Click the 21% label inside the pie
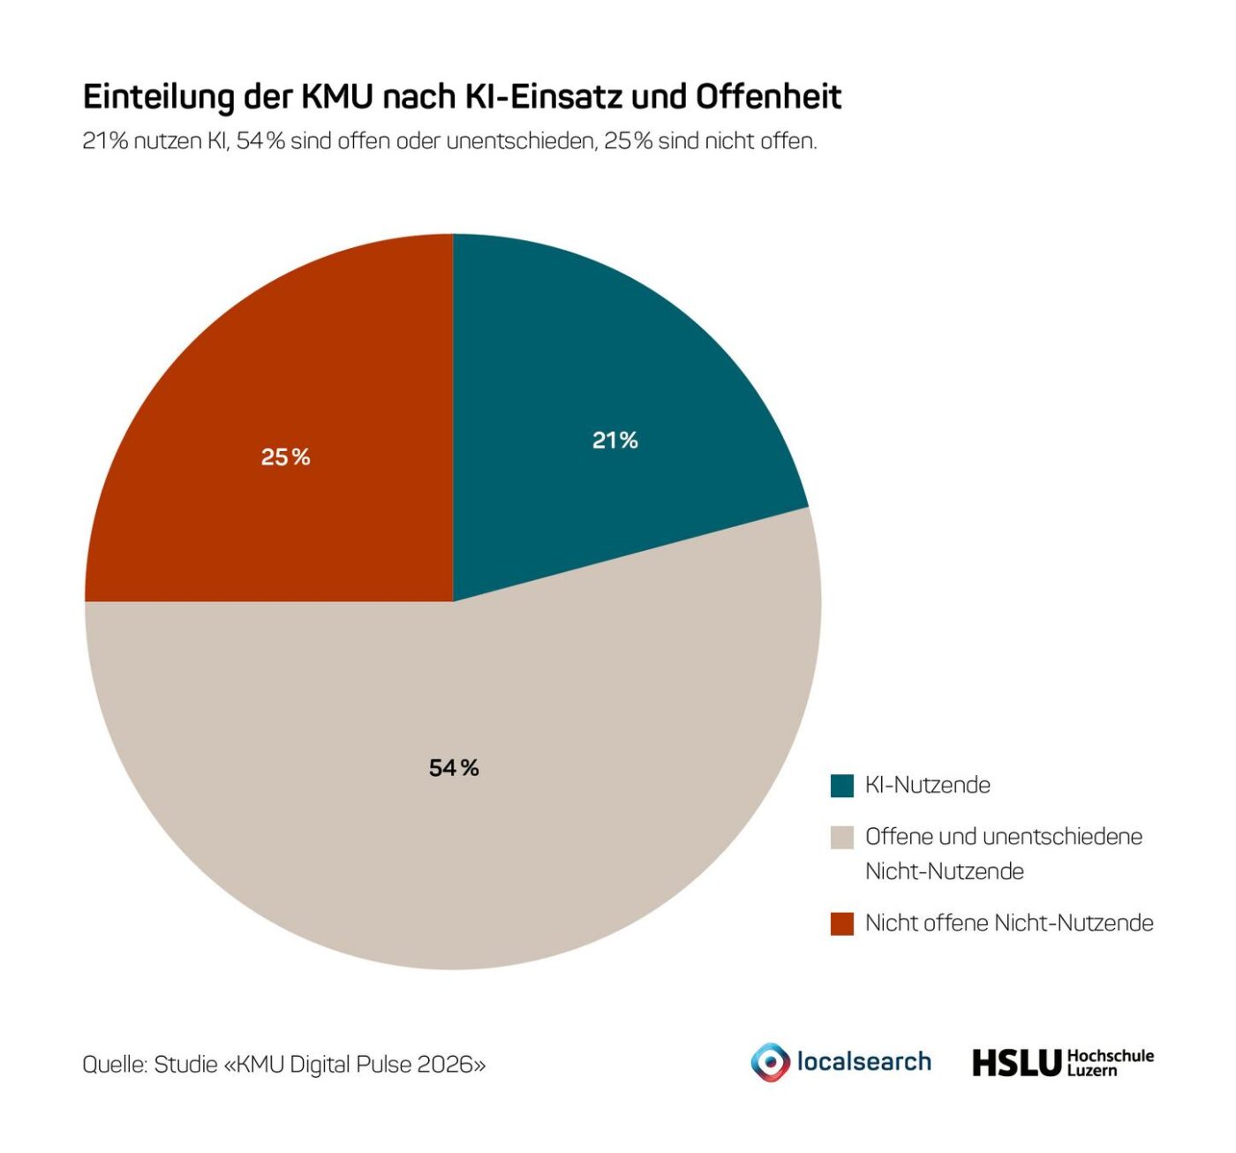(614, 441)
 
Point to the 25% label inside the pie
(286, 457)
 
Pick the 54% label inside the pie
(454, 769)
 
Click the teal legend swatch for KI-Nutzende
(842, 786)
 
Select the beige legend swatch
(842, 837)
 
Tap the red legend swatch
(842, 923)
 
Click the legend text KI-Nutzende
(927, 786)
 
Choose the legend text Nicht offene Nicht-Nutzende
(1009, 923)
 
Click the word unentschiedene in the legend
(1062, 837)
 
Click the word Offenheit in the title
(768, 97)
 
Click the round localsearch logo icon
(771, 1062)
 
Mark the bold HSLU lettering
(1015, 1063)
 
